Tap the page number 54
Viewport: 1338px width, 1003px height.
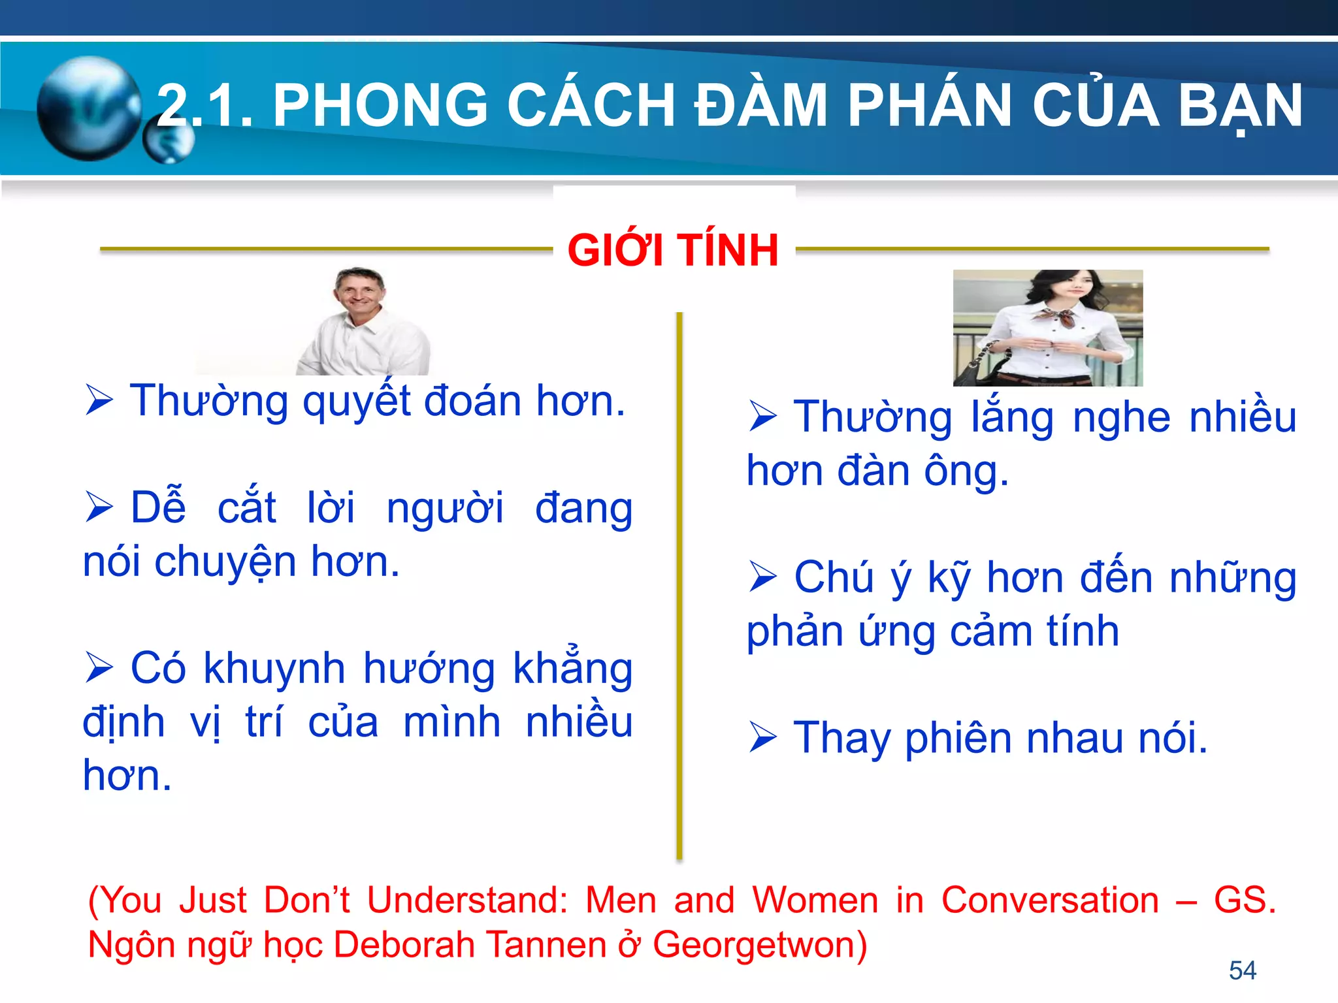pos(1242,970)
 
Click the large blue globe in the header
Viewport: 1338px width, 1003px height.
pos(88,108)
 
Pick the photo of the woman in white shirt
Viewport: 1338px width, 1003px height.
pos(1048,328)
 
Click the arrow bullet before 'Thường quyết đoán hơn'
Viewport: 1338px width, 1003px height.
pos(99,400)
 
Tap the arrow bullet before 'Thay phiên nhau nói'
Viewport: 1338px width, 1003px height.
pos(763,738)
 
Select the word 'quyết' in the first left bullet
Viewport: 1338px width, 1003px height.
pos(357,401)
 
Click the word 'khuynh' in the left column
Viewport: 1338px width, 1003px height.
pos(274,669)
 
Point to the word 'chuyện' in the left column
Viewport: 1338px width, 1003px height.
pos(225,562)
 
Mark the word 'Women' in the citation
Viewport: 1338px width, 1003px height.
pos(815,900)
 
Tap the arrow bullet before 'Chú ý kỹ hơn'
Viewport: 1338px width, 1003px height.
pos(763,577)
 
